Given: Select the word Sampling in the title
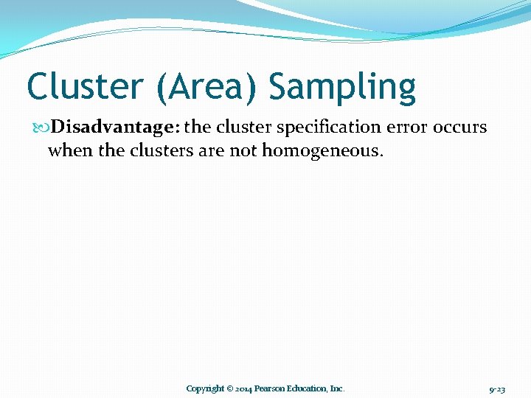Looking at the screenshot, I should [x=342, y=87].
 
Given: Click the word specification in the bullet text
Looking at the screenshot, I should [x=321, y=127].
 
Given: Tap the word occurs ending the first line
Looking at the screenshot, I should [x=459, y=127].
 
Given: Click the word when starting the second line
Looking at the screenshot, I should [x=69, y=150].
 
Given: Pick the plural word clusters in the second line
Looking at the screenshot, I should [x=157, y=150].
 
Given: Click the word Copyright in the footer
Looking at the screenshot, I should [x=204, y=388].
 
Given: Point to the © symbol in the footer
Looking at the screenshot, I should [x=230, y=388].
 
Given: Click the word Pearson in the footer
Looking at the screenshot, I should [x=270, y=388].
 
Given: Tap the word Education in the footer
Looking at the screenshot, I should [x=308, y=388].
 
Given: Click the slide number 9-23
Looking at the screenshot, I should [x=497, y=388].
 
